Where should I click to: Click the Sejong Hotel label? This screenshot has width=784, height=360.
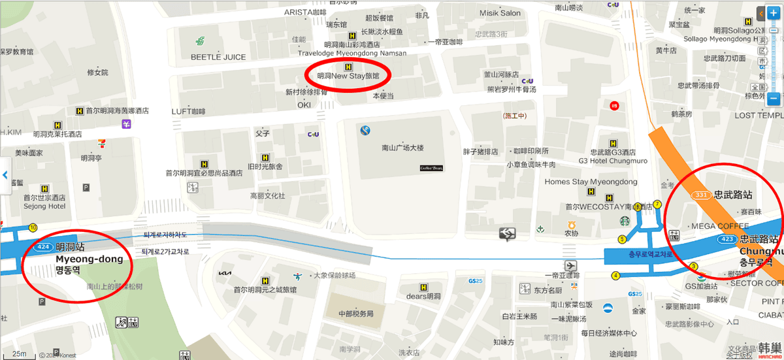44,206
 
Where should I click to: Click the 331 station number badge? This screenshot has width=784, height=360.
701,195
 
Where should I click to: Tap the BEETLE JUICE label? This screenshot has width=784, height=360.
218,57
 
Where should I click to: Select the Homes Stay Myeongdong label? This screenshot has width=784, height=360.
591,182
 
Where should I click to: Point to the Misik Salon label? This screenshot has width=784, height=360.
500,13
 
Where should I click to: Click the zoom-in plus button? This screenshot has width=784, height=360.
774,13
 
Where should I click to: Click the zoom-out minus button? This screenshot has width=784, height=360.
774,99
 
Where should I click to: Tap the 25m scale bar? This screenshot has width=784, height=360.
20,354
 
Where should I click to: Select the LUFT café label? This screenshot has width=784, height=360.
188,112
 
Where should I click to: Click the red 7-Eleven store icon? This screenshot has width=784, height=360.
101,143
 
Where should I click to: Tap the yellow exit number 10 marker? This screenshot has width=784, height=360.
33,227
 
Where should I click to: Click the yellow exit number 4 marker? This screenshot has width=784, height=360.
615,275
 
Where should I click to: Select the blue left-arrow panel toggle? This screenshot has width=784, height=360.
5,175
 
